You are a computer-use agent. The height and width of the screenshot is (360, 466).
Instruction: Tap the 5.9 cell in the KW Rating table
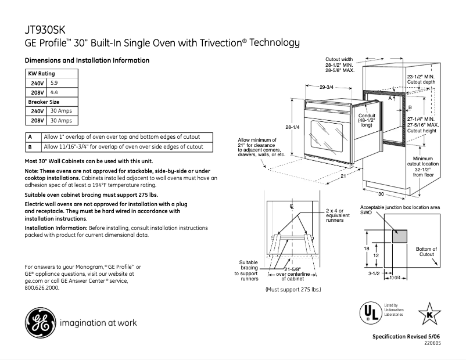coord(55,83)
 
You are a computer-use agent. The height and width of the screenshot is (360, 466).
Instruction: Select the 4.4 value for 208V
coord(55,92)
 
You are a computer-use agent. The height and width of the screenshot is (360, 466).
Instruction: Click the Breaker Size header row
coord(52,102)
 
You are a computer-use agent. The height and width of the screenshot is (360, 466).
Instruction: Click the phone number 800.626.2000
coord(42,287)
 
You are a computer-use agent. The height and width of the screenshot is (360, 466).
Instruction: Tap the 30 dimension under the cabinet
coord(381,193)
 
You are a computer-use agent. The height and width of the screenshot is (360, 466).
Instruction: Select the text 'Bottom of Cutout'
coord(426,251)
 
